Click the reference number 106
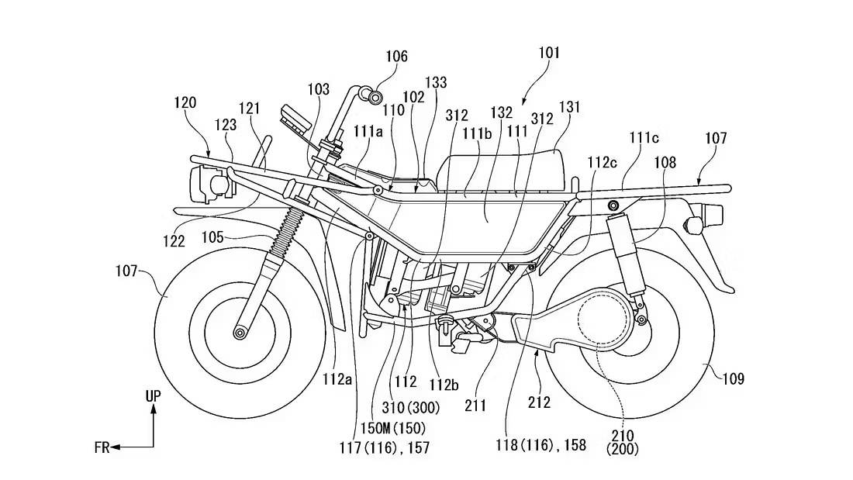(x=396, y=56)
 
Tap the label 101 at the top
(x=549, y=53)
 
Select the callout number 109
(x=733, y=378)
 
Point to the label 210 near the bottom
(x=623, y=435)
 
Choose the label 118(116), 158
(x=540, y=445)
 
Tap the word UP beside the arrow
(x=154, y=396)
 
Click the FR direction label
(x=102, y=447)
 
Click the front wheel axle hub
(x=240, y=333)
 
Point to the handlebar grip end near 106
(x=375, y=97)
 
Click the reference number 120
(x=185, y=102)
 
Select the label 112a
(x=337, y=379)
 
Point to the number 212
(x=539, y=402)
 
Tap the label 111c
(x=644, y=138)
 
